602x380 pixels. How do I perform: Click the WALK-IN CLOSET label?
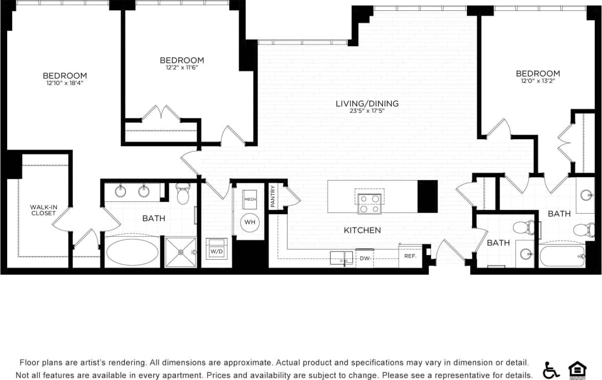(43, 210)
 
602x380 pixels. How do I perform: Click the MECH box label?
(250, 199)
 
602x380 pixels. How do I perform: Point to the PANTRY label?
(273, 196)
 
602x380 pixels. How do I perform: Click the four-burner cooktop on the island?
(369, 203)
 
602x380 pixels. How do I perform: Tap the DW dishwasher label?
(364, 259)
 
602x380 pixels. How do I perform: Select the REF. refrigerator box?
(410, 256)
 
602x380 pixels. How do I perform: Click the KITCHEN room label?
(362, 230)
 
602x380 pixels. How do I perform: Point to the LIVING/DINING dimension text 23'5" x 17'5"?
(367, 111)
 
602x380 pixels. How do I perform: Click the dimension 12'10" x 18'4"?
(64, 83)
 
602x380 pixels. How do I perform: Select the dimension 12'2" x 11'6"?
(182, 68)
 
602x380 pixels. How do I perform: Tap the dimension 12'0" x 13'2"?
(537, 81)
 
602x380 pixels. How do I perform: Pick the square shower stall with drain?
(180, 252)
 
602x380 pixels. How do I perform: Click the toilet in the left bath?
(183, 195)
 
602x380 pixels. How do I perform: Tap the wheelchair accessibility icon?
(551, 370)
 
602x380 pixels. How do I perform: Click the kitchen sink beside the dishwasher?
(341, 257)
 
